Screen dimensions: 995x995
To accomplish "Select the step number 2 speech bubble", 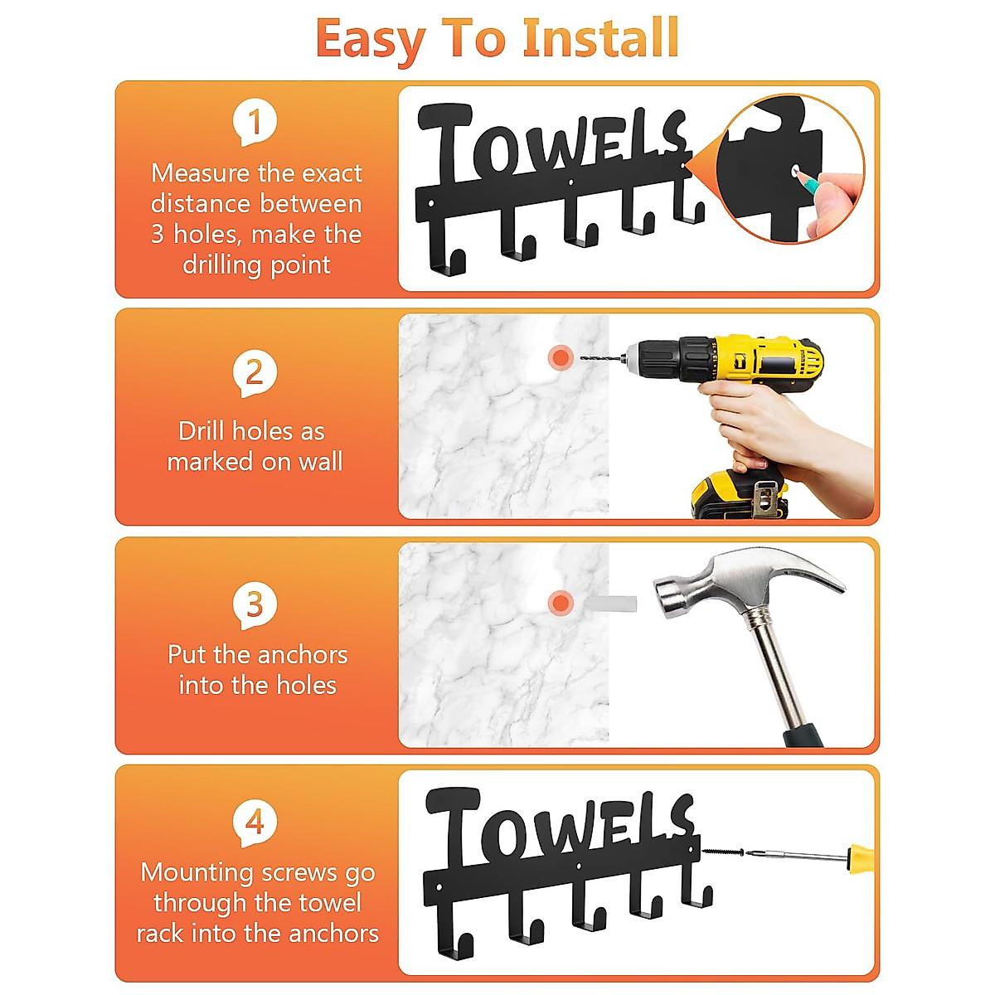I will (x=255, y=372).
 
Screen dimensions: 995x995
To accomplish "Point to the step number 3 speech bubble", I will (x=255, y=604).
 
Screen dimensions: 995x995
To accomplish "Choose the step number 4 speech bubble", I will (x=255, y=822).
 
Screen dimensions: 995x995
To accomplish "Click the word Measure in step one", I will (x=199, y=173).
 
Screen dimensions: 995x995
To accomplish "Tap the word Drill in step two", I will (x=201, y=431).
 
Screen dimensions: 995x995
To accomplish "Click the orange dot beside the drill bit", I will (x=561, y=357).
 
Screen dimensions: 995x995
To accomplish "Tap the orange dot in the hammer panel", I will (x=561, y=603).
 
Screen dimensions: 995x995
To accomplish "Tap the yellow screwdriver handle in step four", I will (x=862, y=855).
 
